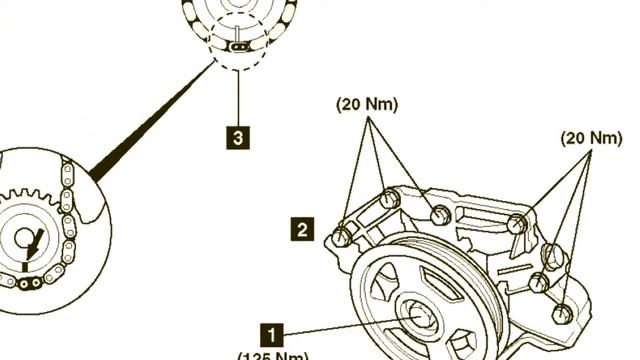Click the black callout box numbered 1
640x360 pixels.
[272, 333]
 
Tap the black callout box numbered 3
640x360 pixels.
[237, 136]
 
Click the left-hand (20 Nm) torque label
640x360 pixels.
[367, 104]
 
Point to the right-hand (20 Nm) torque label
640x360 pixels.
[591, 137]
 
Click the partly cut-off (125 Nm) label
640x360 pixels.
[273, 355]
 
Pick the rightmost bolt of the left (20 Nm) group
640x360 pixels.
[440, 212]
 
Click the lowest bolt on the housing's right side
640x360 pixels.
[562, 313]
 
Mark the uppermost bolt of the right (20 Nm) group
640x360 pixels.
[517, 224]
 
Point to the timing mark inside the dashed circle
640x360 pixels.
[238, 45]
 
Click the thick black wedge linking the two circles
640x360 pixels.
[150, 120]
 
